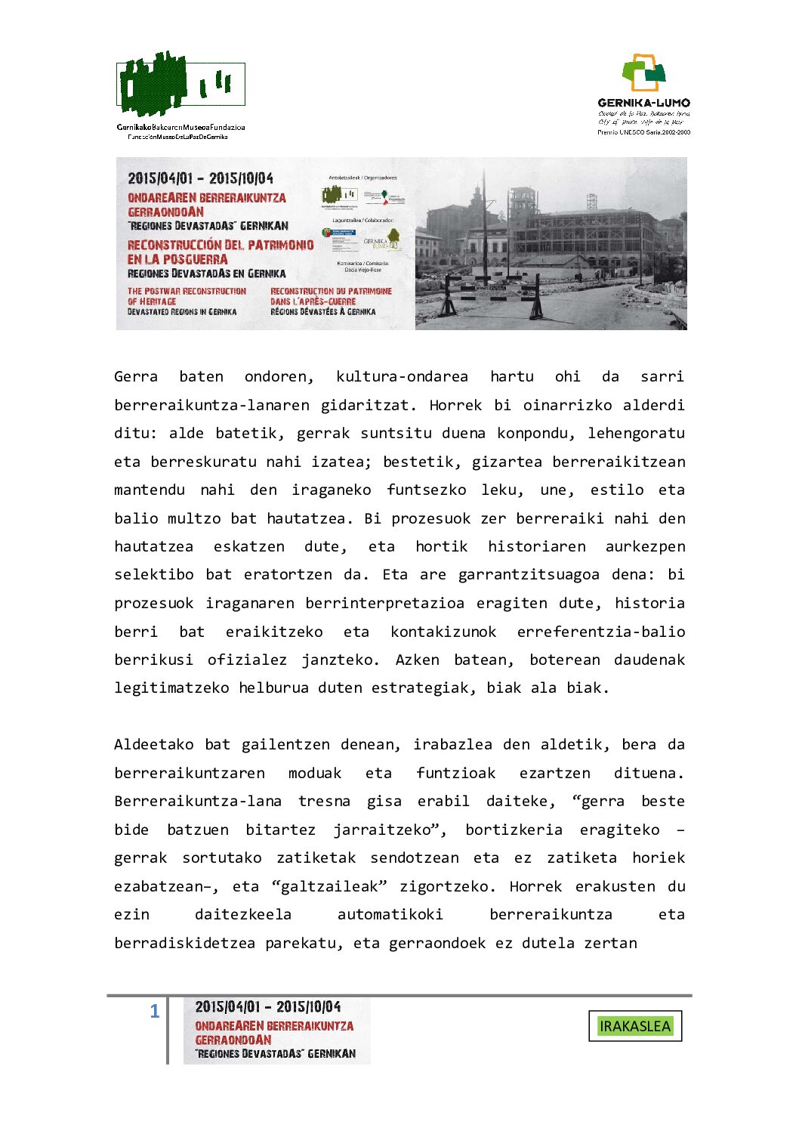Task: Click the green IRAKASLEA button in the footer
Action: (634, 1026)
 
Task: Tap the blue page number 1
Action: (155, 1011)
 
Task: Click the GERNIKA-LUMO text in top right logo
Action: (643, 103)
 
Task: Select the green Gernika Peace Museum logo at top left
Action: (180, 84)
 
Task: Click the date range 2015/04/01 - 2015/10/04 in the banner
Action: (200, 178)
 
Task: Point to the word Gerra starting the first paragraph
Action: (136, 376)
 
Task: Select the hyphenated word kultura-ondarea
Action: (402, 376)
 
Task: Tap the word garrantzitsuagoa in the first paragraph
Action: (529, 574)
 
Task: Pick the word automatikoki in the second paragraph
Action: (390, 914)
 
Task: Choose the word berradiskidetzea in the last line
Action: (185, 943)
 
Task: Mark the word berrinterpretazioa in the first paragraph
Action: (384, 603)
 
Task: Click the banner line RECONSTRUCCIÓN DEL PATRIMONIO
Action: (221, 245)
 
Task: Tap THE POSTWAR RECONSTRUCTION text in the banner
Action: (187, 291)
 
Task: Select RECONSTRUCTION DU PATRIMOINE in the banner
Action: (331, 291)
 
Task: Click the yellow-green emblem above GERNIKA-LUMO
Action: (643, 72)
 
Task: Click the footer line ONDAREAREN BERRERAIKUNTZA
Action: (274, 1026)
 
